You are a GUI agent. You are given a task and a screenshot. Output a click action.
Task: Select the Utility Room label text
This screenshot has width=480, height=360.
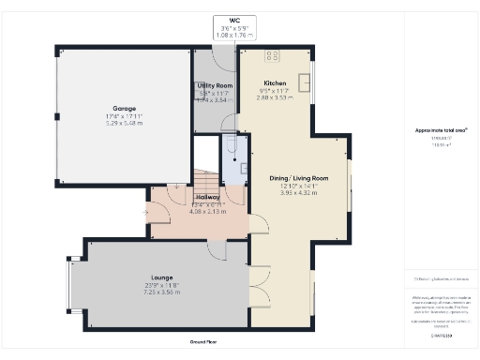[x=215, y=85]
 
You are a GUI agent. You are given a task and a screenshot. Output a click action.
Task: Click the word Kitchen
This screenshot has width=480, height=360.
[x=276, y=83]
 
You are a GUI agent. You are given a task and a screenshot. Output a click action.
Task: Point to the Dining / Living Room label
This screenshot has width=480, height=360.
[x=299, y=178]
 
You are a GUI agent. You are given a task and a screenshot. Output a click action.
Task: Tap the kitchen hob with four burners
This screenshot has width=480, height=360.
[x=273, y=57]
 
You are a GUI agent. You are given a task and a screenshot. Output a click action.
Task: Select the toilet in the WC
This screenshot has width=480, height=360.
[x=230, y=146]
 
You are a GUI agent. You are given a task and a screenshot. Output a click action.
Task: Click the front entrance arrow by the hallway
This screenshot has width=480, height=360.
[x=144, y=213]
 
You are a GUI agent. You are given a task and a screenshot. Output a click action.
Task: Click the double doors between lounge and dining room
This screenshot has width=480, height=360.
[x=251, y=291]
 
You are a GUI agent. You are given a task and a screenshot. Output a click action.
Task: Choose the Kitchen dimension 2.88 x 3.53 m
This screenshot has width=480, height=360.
[x=276, y=97]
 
